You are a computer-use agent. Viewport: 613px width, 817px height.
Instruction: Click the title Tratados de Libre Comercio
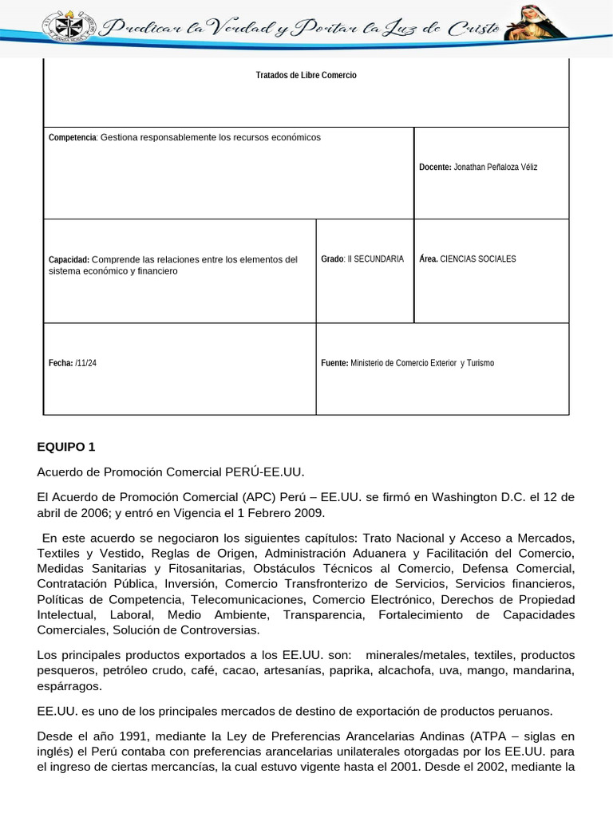click(x=306, y=75)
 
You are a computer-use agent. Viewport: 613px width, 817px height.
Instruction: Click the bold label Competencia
click(x=72, y=137)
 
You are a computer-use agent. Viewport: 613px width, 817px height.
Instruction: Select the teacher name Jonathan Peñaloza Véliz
click(x=495, y=168)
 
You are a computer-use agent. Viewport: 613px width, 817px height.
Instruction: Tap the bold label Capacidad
click(x=69, y=259)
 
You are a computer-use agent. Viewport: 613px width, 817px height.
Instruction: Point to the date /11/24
click(x=86, y=363)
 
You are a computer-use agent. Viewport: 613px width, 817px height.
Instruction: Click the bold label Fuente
click(x=334, y=363)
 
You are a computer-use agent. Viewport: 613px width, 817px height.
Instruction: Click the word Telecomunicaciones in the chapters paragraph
click(x=247, y=599)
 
